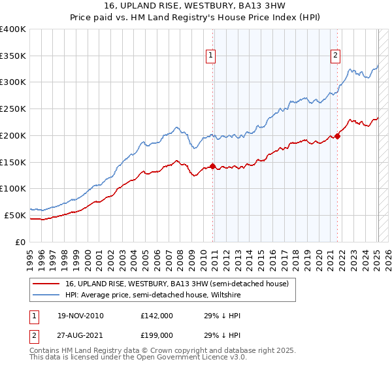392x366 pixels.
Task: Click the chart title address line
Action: pyautogui.click(x=195, y=6)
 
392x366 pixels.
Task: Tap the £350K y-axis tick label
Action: pyautogui.click(x=13, y=56)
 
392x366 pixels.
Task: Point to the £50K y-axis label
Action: pyautogui.click(x=15, y=215)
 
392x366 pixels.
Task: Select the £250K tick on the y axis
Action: pyautogui.click(x=13, y=108)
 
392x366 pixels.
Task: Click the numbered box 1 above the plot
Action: pyautogui.click(x=212, y=56)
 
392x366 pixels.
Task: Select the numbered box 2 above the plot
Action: pyautogui.click(x=336, y=56)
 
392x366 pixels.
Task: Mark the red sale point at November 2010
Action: pyautogui.click(x=213, y=166)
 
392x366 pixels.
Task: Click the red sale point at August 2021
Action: pyautogui.click(x=338, y=136)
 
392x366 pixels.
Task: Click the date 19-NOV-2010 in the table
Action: pyautogui.click(x=80, y=316)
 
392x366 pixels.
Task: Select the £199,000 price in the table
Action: pyautogui.click(x=156, y=335)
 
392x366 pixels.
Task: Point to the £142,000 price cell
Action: pyautogui.click(x=156, y=316)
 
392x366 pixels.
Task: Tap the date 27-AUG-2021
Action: pyautogui.click(x=80, y=335)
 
